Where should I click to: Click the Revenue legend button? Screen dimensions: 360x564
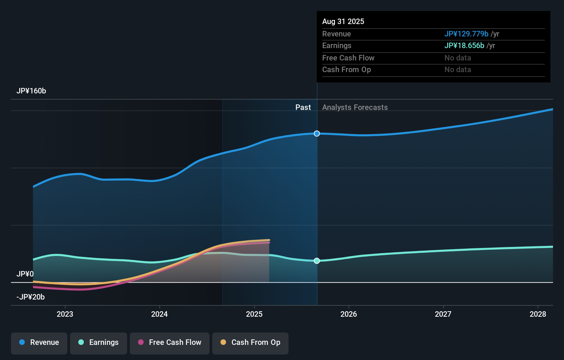(39, 342)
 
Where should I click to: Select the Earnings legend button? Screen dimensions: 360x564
(99, 342)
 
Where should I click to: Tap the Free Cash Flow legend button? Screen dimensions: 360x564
(170, 342)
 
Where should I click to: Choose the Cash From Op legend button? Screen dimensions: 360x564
(250, 342)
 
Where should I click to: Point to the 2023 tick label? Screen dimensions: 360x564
(65, 314)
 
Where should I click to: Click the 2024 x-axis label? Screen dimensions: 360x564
(159, 314)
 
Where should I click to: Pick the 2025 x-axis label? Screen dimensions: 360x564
(254, 314)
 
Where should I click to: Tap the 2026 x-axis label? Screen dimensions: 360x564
(349, 314)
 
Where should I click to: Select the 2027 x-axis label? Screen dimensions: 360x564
(443, 314)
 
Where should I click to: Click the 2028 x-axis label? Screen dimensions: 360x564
(538, 314)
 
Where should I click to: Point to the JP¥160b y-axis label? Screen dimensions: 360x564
(31, 91)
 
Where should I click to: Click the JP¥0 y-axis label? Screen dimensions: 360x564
(25, 274)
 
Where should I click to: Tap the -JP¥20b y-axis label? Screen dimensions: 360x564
(31, 297)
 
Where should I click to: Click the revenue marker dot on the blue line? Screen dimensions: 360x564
(317, 134)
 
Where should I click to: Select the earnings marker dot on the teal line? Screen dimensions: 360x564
(317, 261)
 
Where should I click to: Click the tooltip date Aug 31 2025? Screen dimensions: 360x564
(343, 21)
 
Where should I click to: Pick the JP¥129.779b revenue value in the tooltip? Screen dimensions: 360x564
(466, 34)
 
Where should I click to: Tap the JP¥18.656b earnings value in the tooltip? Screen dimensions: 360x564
(464, 46)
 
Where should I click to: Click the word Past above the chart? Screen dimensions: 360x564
(303, 107)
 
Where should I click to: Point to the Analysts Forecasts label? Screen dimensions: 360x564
(355, 107)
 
